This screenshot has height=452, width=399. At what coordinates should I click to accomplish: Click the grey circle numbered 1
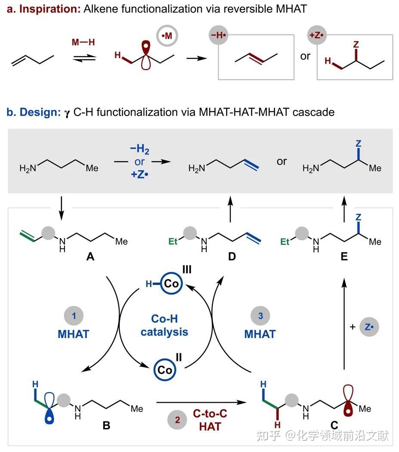[x=74, y=316]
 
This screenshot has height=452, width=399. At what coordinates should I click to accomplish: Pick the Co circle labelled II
[x=165, y=369]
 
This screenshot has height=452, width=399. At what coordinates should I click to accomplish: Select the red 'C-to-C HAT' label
[x=210, y=420]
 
